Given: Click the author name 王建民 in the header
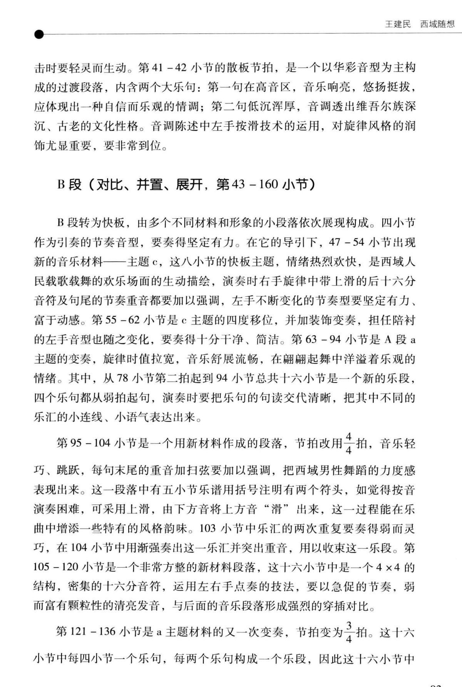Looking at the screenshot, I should coord(398,24).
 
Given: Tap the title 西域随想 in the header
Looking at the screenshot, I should coord(437,24).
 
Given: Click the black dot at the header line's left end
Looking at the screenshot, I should coord(39,35).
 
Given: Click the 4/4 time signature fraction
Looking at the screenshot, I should coord(348,443).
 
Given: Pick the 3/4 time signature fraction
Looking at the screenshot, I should coord(348,632).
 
